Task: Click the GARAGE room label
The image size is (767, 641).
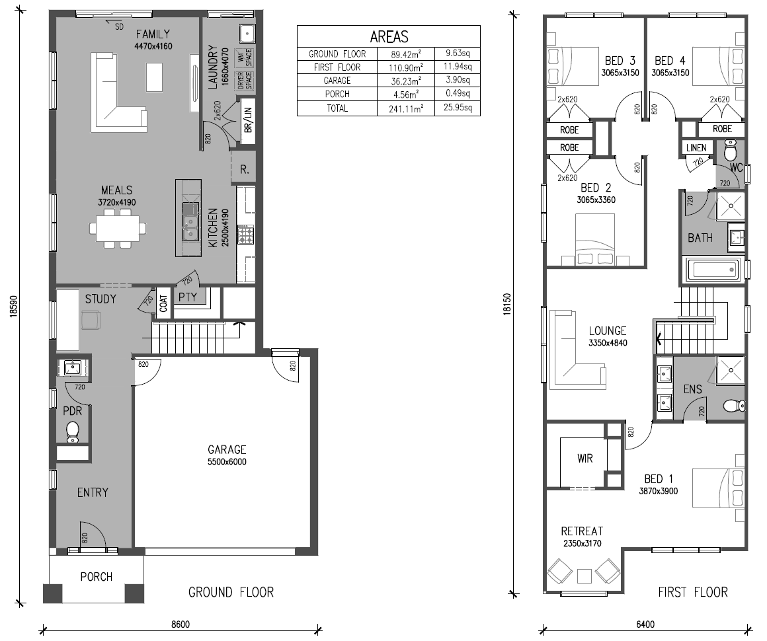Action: (x=227, y=449)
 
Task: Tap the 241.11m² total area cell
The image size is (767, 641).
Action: (x=405, y=108)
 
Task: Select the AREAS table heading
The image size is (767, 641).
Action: (x=389, y=36)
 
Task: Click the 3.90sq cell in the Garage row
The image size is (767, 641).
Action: (x=458, y=80)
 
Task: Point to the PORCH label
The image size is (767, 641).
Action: (x=97, y=577)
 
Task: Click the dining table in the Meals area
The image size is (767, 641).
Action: (x=118, y=229)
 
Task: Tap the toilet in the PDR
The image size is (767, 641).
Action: (x=72, y=432)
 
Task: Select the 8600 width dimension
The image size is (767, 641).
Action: (x=180, y=624)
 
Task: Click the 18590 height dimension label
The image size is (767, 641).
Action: (x=13, y=307)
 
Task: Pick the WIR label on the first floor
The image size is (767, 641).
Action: (x=585, y=458)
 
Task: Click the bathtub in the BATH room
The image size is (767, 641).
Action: (x=711, y=269)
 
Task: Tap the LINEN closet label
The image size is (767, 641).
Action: (x=696, y=147)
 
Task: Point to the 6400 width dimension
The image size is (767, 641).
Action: (x=645, y=624)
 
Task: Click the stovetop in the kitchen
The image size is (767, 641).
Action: (x=245, y=234)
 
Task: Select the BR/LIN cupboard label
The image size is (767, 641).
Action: (x=248, y=120)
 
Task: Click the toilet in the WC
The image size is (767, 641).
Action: (x=730, y=151)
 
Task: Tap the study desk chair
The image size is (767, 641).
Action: (x=91, y=320)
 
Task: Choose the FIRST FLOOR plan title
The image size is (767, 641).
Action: (x=693, y=592)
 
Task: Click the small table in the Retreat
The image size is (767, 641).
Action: (x=585, y=576)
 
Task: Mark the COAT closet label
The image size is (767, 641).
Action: (x=163, y=303)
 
